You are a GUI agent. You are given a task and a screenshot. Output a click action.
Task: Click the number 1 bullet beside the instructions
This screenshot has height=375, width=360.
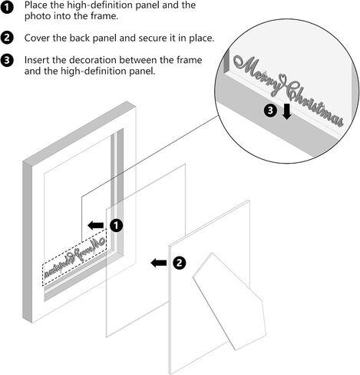(x=6, y=8)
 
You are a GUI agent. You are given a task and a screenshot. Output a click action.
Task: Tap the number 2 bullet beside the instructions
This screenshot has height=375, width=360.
(x=6, y=38)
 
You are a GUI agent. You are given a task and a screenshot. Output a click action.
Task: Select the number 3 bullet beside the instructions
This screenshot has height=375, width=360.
(x=6, y=61)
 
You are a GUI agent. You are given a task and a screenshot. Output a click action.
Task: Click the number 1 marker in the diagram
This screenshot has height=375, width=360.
(x=117, y=226)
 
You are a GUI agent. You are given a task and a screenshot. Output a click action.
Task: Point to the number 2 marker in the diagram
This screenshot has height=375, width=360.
(x=180, y=263)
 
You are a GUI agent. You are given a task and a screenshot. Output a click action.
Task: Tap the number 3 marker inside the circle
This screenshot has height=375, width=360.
(x=270, y=111)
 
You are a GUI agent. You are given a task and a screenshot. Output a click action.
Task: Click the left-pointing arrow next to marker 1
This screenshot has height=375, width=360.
(x=96, y=226)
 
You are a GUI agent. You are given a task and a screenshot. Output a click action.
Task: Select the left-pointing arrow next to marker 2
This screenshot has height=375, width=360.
(x=159, y=263)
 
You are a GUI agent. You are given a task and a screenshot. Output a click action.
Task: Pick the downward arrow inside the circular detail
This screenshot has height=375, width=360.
(x=287, y=112)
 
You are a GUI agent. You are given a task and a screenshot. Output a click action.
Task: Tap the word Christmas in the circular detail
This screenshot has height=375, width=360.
(x=315, y=105)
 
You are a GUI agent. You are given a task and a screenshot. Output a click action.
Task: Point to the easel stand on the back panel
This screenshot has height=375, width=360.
(x=229, y=301)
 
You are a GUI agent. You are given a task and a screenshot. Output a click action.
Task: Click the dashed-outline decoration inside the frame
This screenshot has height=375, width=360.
(x=74, y=257)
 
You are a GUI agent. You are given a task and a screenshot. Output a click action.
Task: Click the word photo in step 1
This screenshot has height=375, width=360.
(x=36, y=16)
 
